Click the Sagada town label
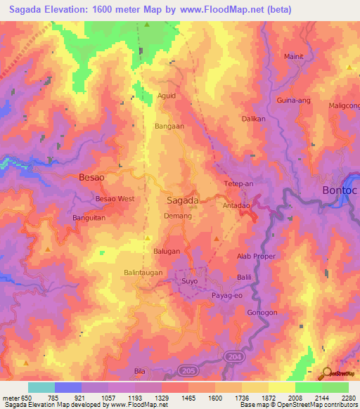tap(182, 200)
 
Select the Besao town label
tap(92, 178)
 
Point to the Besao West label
tap(115, 199)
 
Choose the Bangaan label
tap(169, 126)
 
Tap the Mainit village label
tap(295, 56)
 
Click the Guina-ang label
tap(293, 101)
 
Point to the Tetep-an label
tap(238, 184)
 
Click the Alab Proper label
tap(256, 257)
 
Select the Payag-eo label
tap(228, 297)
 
